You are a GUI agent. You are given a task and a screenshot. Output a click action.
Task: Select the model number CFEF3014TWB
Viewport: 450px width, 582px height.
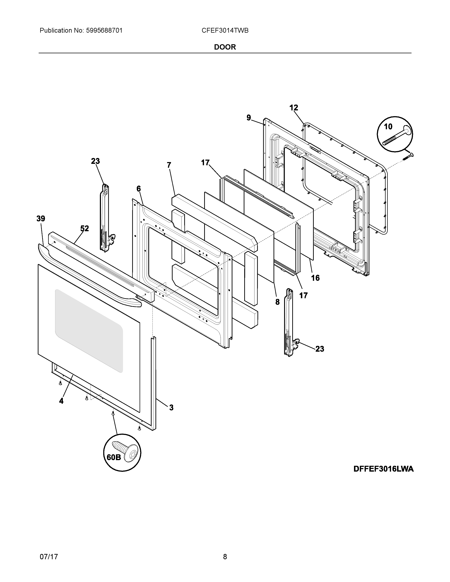click(225, 31)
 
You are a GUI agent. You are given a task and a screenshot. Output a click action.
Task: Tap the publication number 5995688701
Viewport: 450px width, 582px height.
click(104, 31)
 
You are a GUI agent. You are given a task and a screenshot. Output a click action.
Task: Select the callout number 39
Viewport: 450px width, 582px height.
click(41, 219)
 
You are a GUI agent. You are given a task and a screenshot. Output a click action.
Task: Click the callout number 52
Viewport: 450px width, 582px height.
click(85, 228)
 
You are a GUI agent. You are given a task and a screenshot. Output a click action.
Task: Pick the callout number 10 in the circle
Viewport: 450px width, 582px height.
click(388, 127)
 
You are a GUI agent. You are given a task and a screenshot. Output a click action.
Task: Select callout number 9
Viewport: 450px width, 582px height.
click(249, 117)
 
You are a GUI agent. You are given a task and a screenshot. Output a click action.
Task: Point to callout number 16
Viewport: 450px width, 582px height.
click(315, 278)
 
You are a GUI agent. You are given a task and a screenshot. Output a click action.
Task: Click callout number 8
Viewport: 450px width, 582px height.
click(278, 302)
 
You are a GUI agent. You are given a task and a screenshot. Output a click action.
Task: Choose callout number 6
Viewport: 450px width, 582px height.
click(139, 189)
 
